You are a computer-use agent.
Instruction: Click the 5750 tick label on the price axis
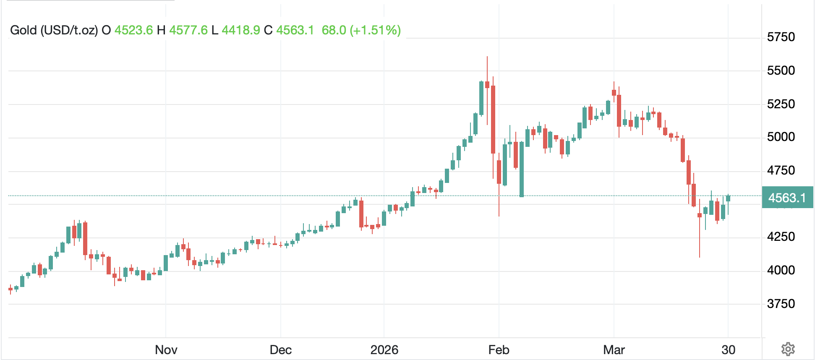coord(781,37)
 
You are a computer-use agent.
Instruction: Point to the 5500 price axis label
coord(781,70)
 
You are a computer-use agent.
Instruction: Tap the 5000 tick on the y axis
coord(781,137)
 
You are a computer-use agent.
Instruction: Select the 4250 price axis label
coord(781,237)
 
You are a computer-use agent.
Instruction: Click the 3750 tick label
coord(781,304)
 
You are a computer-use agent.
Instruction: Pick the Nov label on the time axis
coord(166,350)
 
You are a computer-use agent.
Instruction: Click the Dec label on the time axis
coord(281,350)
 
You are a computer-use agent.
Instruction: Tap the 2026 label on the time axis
coord(384,350)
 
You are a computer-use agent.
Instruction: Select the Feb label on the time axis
coord(499,350)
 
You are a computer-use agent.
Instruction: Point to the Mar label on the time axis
coord(614,350)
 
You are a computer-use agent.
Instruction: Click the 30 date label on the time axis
coord(729,350)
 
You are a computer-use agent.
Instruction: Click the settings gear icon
coord(788,349)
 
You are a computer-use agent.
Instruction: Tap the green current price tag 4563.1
coord(787,198)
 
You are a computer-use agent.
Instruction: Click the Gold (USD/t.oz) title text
coord(54,30)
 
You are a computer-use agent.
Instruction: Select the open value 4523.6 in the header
coord(133,30)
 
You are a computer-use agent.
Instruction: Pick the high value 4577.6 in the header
coord(188,30)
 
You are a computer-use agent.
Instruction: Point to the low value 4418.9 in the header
coord(241,30)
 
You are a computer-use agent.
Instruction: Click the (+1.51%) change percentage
coord(375,30)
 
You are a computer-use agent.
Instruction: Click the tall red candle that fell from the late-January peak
coord(493,120)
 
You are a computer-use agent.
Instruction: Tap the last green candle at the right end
coord(728,198)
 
